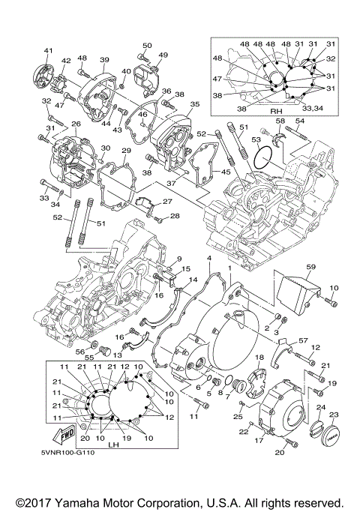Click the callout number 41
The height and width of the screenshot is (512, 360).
[48, 50]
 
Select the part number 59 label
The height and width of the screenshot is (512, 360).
[310, 267]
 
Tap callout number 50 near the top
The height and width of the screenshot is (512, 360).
[147, 46]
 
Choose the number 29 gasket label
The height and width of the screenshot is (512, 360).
[126, 151]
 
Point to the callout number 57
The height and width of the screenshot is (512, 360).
[302, 341]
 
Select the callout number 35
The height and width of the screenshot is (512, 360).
[194, 104]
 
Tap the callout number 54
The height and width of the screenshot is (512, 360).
[299, 121]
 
